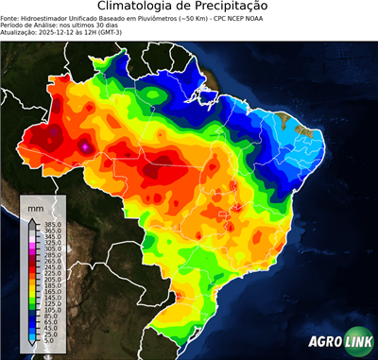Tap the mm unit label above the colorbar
tap(36, 205)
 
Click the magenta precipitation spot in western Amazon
tap(87, 147)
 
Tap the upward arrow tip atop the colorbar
tap(31, 221)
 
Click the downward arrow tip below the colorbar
tap(31, 346)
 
